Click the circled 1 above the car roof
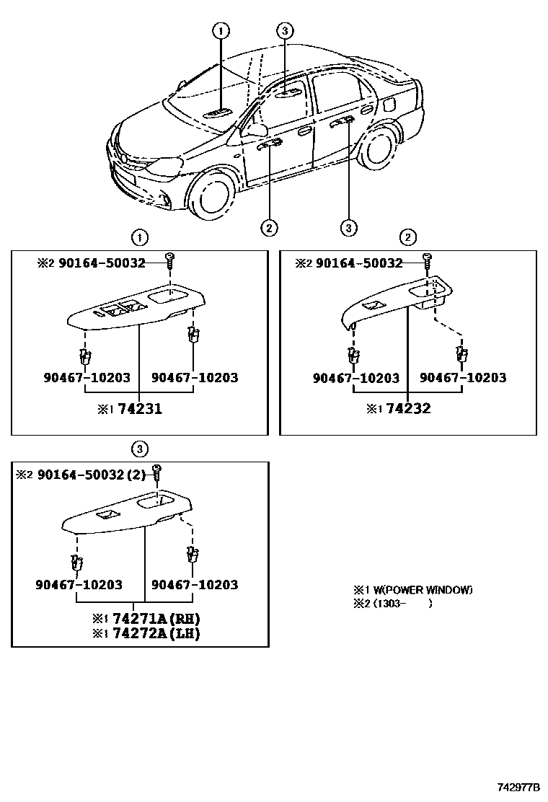click(221, 30)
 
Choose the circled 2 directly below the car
click(268, 227)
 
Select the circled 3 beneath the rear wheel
click(348, 227)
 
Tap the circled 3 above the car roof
click(285, 30)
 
